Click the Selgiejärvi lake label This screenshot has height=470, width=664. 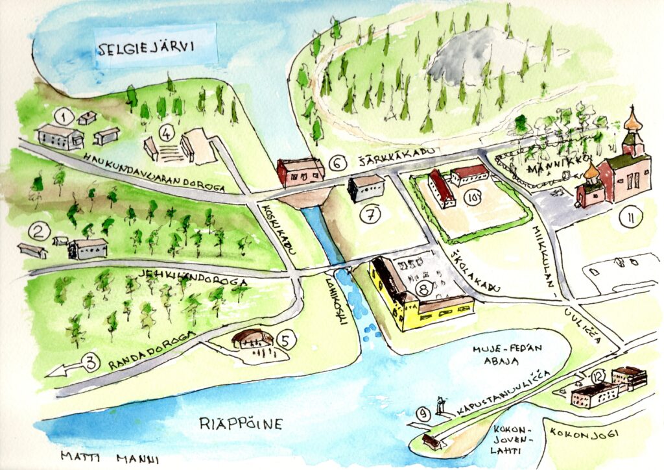155,47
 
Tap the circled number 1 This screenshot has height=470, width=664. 63,117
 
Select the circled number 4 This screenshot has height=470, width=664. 167,134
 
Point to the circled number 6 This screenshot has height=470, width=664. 337,163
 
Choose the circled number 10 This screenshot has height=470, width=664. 472,198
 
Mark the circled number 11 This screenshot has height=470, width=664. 628,219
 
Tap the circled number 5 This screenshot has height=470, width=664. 286,339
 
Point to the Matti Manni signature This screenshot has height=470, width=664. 109,456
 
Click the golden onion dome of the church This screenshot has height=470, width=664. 632,121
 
